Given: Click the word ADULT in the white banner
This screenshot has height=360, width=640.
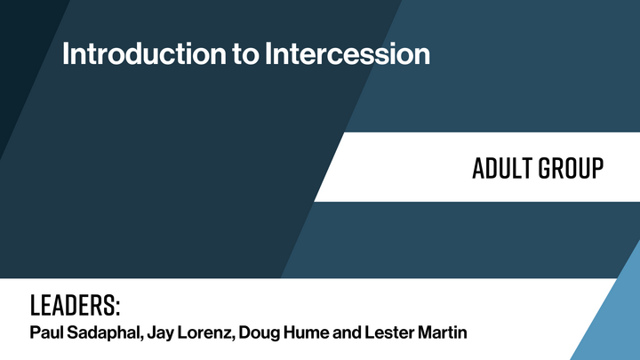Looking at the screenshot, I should pos(504,167).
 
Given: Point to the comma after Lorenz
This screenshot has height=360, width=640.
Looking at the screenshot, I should pos(235,340).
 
